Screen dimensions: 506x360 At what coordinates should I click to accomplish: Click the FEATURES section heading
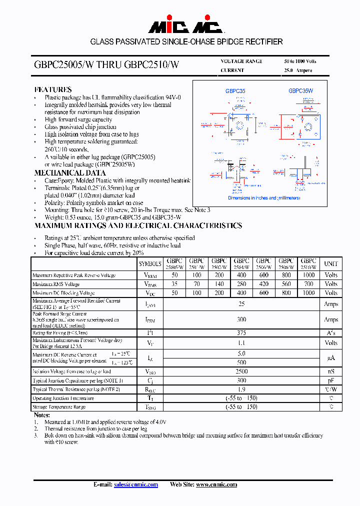pos(53,89)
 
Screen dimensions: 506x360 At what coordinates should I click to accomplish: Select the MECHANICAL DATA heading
pos(63,172)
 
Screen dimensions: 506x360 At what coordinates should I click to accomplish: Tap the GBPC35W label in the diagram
pos(300,91)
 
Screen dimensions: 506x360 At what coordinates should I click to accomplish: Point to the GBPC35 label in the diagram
pos(235,91)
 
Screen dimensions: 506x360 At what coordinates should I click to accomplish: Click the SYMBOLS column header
pos(150,263)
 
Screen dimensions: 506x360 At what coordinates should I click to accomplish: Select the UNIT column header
pos(331,263)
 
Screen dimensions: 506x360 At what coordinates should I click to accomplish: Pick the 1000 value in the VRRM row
pos(308,275)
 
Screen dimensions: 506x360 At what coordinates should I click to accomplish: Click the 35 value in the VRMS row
pos(174,284)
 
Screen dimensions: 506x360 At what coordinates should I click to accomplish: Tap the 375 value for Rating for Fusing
pos(241,332)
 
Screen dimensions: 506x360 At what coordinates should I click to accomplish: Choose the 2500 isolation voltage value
pos(241,371)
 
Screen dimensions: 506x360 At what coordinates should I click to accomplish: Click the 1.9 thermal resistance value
pos(241,389)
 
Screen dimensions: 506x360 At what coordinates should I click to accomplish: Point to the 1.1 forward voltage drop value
pos(241,343)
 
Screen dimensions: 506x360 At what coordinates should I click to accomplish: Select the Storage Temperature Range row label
pos(59,407)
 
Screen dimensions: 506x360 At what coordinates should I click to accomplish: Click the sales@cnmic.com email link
pos(136,484)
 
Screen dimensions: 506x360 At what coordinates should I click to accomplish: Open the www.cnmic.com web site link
pos(216,484)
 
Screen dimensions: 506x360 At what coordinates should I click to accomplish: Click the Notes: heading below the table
pos(42,415)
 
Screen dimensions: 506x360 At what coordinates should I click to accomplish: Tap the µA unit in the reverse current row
pos(331,358)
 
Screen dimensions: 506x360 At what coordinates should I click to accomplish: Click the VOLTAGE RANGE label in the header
pos(241,61)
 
